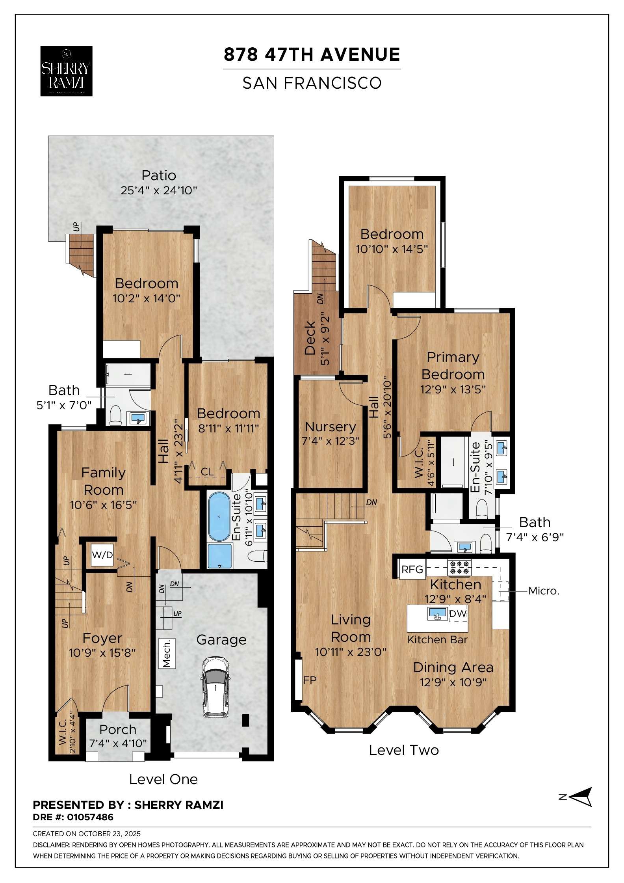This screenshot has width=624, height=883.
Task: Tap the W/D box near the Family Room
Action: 102,555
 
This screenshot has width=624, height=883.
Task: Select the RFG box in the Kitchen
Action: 412,570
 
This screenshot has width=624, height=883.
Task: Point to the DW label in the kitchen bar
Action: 458,613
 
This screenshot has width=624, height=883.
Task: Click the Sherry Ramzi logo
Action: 66,71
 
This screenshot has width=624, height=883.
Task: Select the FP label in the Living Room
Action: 310,680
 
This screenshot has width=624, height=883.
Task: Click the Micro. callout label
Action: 544,591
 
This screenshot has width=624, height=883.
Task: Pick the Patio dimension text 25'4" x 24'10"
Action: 158,190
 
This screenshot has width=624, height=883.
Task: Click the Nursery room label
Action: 330,427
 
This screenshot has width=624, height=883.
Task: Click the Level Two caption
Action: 403,750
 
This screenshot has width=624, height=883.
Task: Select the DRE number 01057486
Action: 90,817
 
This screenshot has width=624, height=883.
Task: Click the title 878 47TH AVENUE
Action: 312,54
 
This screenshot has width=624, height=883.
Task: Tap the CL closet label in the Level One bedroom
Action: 207,472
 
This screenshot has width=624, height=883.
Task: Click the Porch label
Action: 118,729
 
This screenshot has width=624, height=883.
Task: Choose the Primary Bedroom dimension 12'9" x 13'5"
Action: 453,389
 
